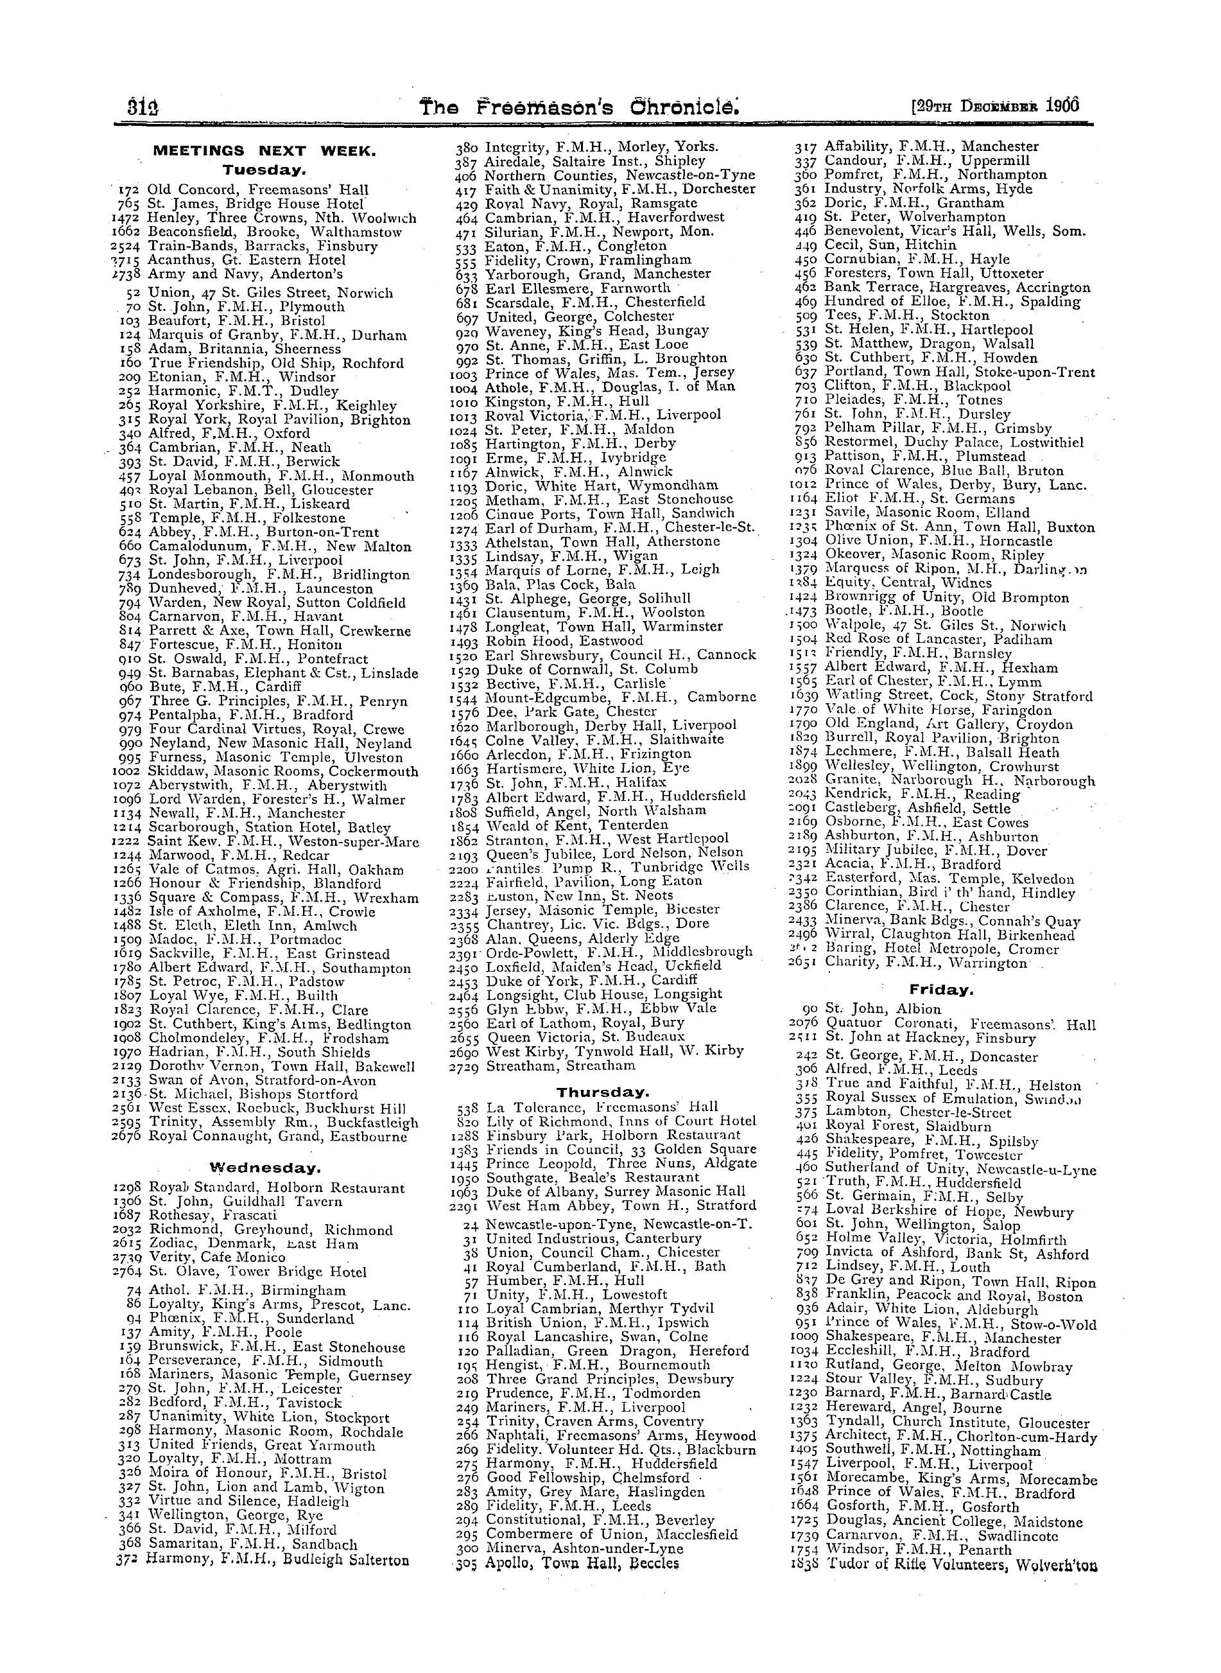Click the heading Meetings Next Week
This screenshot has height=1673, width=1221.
pos(264,152)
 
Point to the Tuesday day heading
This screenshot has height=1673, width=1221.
pos(264,171)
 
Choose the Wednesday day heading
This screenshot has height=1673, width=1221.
pos(265,1169)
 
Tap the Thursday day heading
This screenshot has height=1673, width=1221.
pos(602,1092)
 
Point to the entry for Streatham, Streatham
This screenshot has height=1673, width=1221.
pos(560,1065)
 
